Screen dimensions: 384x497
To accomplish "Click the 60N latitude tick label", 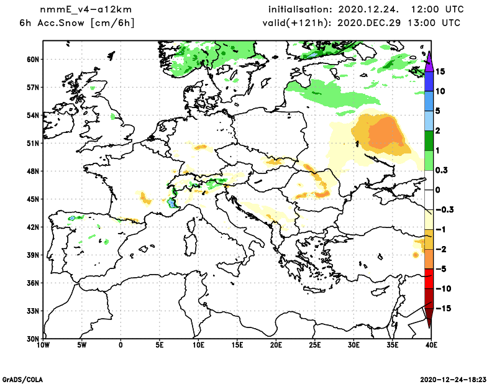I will click(32, 60).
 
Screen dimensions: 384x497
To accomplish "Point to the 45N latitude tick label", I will click(32, 199).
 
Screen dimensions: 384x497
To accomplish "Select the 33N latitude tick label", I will click(32, 311).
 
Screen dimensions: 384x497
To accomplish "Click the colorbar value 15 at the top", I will click(440, 71).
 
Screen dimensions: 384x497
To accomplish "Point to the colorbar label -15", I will click(442, 309).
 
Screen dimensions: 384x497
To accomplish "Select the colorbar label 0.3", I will click(442, 170).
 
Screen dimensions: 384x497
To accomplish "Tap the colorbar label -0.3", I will click(444, 210).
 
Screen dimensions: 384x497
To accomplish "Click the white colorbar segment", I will click(429, 190).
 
